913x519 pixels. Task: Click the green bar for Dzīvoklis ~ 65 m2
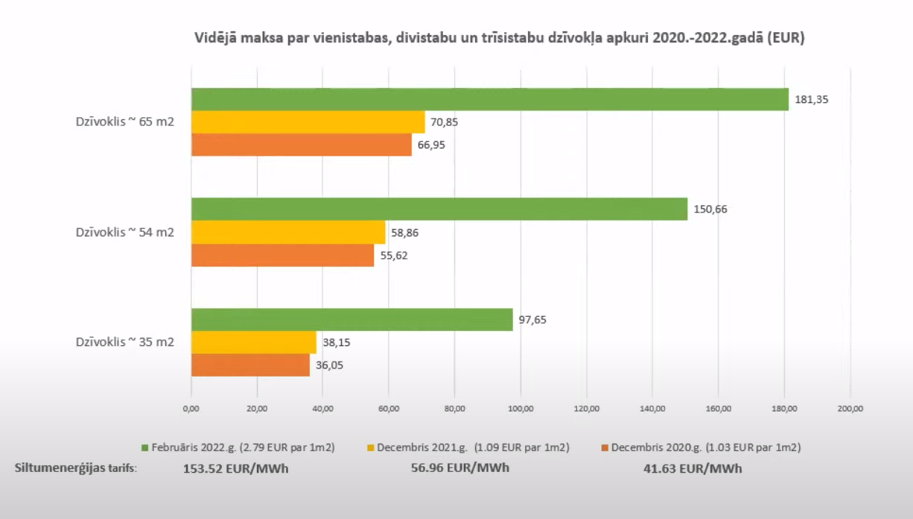point(489,99)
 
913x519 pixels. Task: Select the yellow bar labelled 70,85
point(308,122)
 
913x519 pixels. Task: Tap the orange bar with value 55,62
point(283,255)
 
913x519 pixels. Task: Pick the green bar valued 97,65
point(351,319)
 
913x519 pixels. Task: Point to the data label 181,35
point(812,99)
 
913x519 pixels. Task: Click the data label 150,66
point(711,209)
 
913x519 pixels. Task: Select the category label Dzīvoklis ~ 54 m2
point(124,232)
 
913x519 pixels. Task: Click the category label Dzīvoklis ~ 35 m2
point(124,342)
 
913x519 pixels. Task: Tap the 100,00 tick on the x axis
point(520,408)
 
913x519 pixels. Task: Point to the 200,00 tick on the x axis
point(850,408)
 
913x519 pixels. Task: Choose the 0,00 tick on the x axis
point(191,408)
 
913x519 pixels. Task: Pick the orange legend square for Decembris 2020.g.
point(605,448)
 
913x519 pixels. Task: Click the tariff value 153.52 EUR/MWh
point(236,468)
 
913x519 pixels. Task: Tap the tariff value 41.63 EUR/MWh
point(693,468)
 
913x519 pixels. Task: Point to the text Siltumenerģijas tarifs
point(76,468)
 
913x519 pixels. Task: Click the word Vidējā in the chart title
point(216,38)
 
